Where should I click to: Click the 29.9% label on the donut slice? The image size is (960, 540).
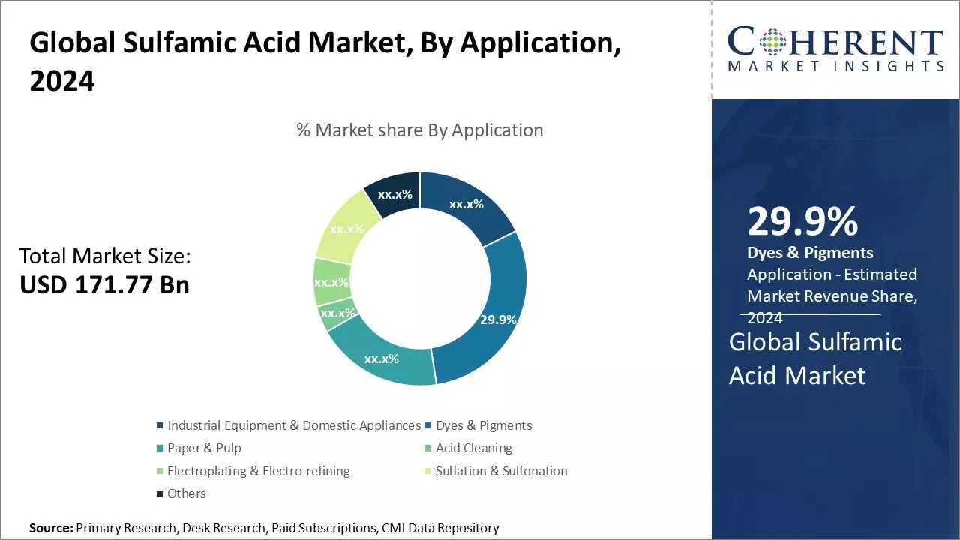498,319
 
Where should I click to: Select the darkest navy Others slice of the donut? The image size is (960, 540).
394,193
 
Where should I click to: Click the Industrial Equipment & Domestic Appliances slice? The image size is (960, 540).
466,205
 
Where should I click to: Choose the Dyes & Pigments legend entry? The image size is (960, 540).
478,425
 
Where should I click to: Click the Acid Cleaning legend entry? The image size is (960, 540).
469,448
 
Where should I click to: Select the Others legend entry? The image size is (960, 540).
181,493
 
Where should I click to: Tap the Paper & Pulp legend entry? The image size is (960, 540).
199,448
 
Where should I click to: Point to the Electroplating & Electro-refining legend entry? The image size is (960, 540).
253,471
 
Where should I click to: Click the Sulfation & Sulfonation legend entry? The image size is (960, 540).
496,471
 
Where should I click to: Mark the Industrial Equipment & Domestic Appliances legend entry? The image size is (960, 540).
289,425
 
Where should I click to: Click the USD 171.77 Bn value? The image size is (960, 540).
104,284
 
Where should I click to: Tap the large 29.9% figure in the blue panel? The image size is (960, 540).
802,221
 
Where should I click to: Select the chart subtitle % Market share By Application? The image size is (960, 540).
419,130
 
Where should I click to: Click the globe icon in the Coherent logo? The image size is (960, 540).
772,41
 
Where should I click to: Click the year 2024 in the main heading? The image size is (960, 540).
62,80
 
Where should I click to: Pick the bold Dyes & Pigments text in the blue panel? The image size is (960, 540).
810,253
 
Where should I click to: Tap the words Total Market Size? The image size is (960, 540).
105,256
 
